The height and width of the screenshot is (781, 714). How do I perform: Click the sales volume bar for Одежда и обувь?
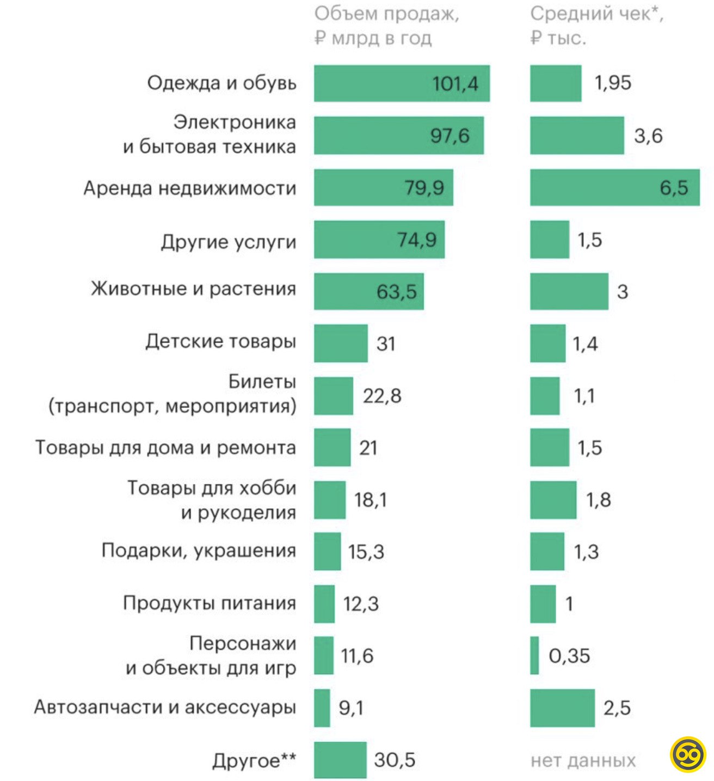(x=402, y=83)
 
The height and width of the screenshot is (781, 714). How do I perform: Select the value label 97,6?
(x=450, y=136)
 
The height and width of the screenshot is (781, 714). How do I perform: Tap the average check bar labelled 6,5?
(x=614, y=188)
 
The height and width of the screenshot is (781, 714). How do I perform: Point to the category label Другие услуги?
(x=228, y=241)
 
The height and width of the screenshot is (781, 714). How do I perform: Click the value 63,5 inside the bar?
(x=396, y=292)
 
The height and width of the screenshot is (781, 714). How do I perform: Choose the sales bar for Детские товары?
(x=341, y=343)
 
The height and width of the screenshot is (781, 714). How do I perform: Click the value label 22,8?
(x=382, y=396)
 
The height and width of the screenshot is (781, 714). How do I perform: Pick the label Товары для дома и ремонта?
(x=165, y=448)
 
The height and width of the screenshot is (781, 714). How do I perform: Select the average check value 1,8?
(x=598, y=500)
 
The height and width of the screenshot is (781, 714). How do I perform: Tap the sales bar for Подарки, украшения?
(x=327, y=551)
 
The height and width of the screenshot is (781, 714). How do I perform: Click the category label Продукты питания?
(x=210, y=603)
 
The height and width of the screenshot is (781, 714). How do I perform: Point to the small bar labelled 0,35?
(x=534, y=655)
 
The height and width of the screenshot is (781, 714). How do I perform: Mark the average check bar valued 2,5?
(x=562, y=707)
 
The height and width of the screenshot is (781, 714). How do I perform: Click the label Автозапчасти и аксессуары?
(x=165, y=707)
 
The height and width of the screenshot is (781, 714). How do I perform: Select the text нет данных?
(x=583, y=760)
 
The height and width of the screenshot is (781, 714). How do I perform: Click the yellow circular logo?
(x=688, y=754)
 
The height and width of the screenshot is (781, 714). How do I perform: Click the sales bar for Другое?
(x=340, y=760)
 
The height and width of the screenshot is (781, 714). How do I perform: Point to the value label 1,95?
(x=613, y=83)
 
